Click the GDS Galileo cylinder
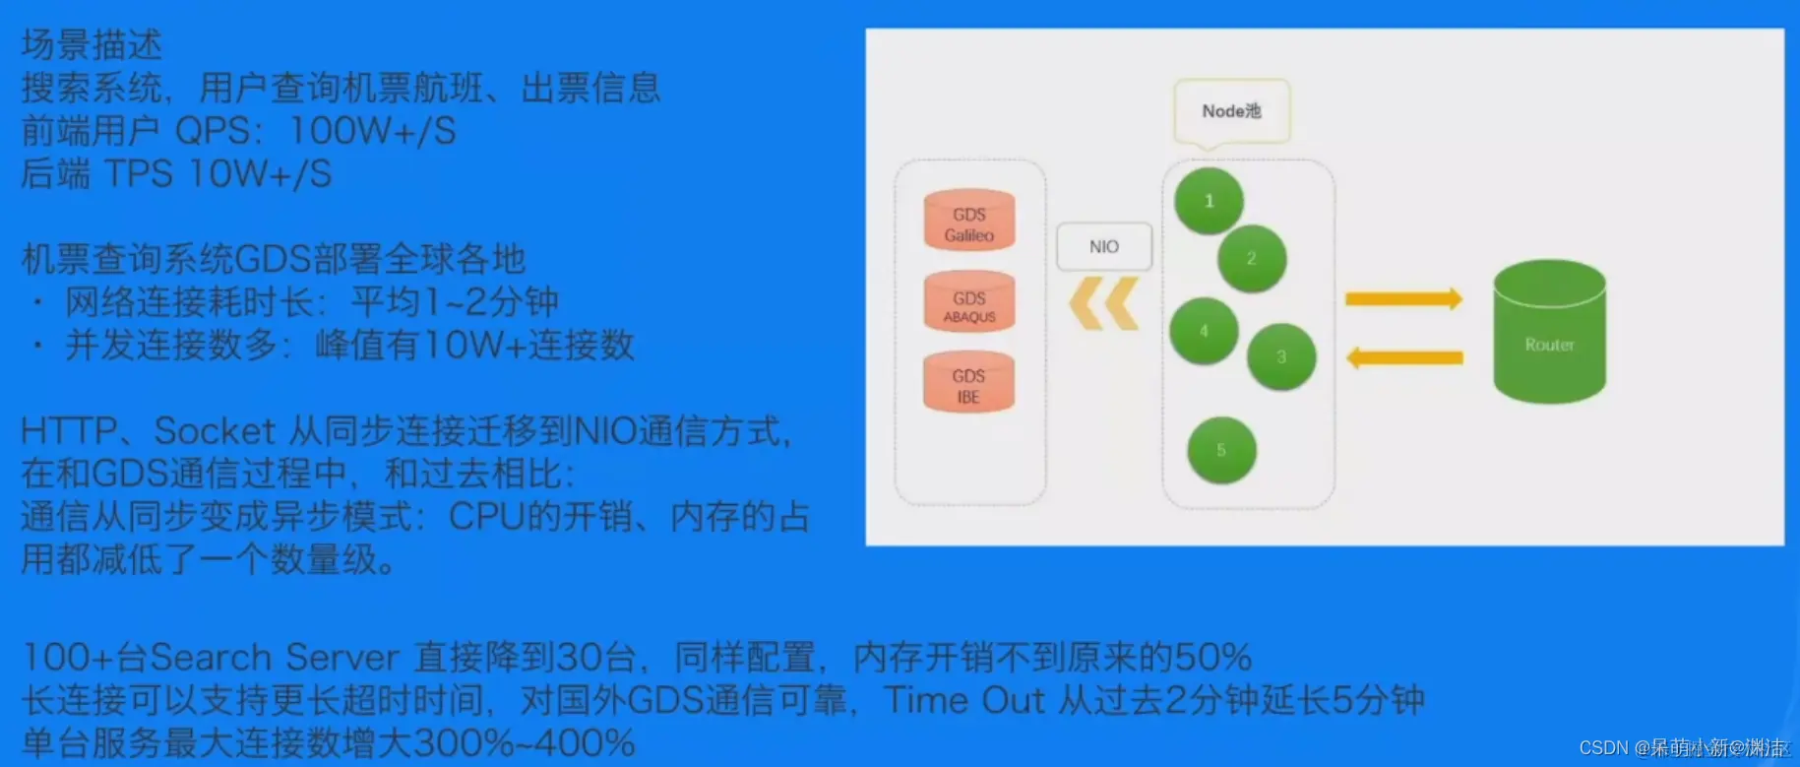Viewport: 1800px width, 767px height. pos(969,222)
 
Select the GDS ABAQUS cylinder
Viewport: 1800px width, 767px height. pos(969,303)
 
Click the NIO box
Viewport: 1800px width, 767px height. pos(1104,247)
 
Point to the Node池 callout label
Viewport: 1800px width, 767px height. pos(1231,111)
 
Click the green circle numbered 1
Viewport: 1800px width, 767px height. pos(1210,201)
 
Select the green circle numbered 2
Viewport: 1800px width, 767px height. pos(1252,259)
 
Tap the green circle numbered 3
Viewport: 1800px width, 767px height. pos(1281,357)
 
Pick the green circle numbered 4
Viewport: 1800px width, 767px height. pos(1204,331)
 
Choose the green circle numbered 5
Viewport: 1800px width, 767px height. pos(1221,450)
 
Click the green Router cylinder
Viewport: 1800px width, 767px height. pos(1549,333)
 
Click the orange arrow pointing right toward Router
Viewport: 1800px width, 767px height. pos(1403,298)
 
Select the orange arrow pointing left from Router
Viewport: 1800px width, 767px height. pos(1403,357)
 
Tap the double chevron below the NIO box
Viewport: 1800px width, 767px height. pos(1103,303)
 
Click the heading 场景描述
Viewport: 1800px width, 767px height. pos(92,44)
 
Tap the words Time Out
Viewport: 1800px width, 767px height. pos(963,700)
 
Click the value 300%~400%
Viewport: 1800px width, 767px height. pos(524,743)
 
